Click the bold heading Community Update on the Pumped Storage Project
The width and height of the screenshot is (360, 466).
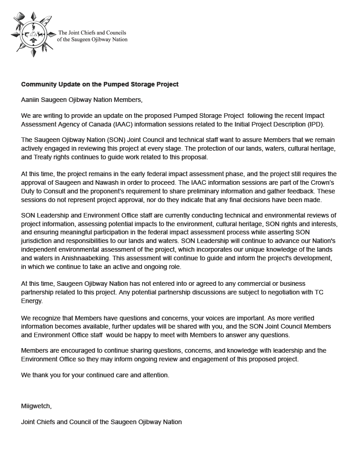(100, 84)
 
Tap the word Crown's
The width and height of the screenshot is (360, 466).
(322, 182)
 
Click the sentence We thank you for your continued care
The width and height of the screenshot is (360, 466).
(95, 375)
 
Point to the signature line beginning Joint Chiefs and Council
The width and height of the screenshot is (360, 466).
(101, 422)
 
